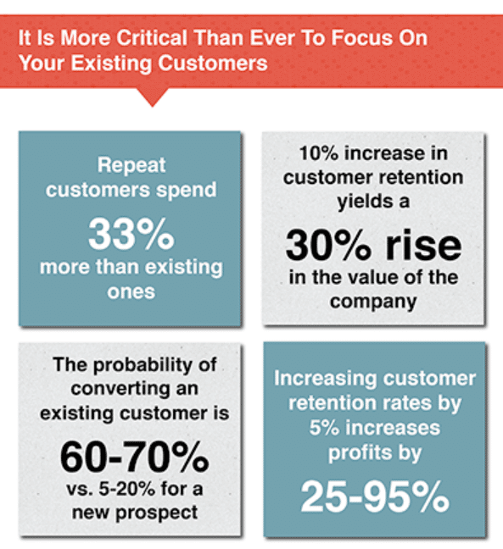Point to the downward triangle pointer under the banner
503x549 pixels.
[x=152, y=97]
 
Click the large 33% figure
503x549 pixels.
[x=131, y=234]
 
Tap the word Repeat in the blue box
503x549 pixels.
[x=131, y=165]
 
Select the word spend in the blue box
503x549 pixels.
[x=186, y=191]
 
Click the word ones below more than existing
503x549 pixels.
[x=131, y=291]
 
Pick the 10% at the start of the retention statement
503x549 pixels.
[x=319, y=153]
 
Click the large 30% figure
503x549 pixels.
[x=328, y=246]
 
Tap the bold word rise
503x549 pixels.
[x=423, y=244]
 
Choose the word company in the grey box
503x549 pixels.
[x=373, y=302]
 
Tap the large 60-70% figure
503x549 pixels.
[x=135, y=457]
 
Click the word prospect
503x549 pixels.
[x=157, y=513]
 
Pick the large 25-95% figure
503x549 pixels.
[x=375, y=496]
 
